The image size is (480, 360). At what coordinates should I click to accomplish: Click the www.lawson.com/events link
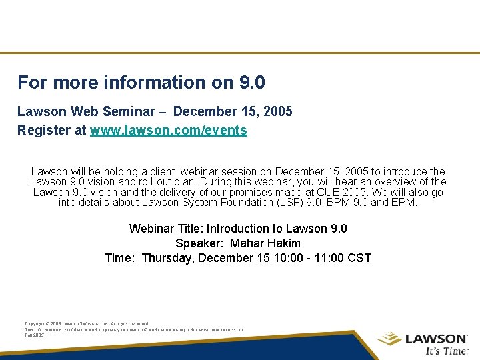[x=169, y=131]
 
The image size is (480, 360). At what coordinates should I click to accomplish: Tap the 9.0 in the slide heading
[x=251, y=83]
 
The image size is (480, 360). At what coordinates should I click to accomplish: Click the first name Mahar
[x=247, y=243]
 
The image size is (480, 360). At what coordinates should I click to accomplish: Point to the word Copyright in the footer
[x=35, y=324]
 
